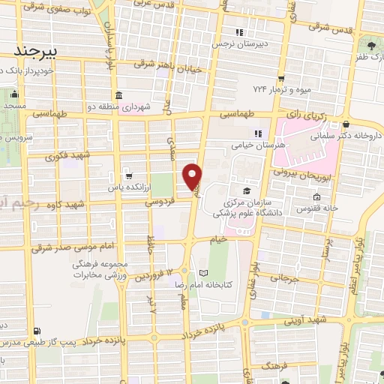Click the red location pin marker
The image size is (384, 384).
click(x=193, y=176)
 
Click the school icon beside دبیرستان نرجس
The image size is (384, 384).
click(x=240, y=32)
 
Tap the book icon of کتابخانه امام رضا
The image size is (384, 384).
click(x=202, y=272)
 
